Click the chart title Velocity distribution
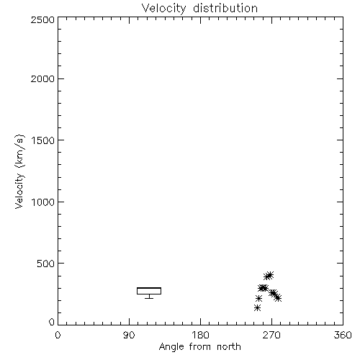199,8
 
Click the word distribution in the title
225,8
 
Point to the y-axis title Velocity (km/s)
19,171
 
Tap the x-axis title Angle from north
199,347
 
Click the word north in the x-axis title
229,347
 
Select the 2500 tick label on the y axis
42,19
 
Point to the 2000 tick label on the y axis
42,79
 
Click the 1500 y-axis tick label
43,140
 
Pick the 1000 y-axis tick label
43,202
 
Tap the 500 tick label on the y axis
46,264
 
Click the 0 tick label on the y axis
52,322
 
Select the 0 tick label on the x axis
58,335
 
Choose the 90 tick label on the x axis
129,335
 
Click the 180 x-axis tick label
200,335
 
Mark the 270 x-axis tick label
271,335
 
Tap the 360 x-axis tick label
343,335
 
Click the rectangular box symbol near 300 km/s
149,287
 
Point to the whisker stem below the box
149,296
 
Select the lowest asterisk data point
257,307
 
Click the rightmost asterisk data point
278,298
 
